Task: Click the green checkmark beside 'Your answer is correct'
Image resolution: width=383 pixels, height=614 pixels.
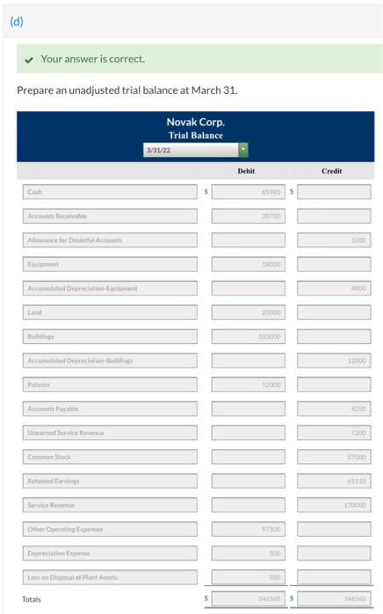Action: pyautogui.click(x=30, y=59)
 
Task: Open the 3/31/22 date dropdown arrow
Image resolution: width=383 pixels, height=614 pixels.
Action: pyautogui.click(x=242, y=150)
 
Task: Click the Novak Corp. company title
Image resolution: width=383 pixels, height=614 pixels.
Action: pyautogui.click(x=194, y=123)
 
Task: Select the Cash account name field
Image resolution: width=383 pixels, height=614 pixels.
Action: pyautogui.click(x=110, y=191)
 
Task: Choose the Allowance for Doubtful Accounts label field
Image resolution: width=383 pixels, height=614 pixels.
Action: pyautogui.click(x=110, y=239)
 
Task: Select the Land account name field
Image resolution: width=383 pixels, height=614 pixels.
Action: pyautogui.click(x=110, y=311)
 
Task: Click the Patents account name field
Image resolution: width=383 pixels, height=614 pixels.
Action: pyautogui.click(x=110, y=383)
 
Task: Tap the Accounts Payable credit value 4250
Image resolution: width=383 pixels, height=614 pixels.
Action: pyautogui.click(x=333, y=408)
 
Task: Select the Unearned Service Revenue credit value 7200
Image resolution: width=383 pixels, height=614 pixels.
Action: pyautogui.click(x=333, y=432)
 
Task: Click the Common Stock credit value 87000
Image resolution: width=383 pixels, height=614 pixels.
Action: pyautogui.click(x=333, y=456)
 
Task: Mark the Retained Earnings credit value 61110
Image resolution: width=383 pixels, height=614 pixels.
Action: pyautogui.click(x=333, y=480)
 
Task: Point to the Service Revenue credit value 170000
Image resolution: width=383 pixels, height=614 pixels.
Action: pyautogui.click(x=333, y=504)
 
